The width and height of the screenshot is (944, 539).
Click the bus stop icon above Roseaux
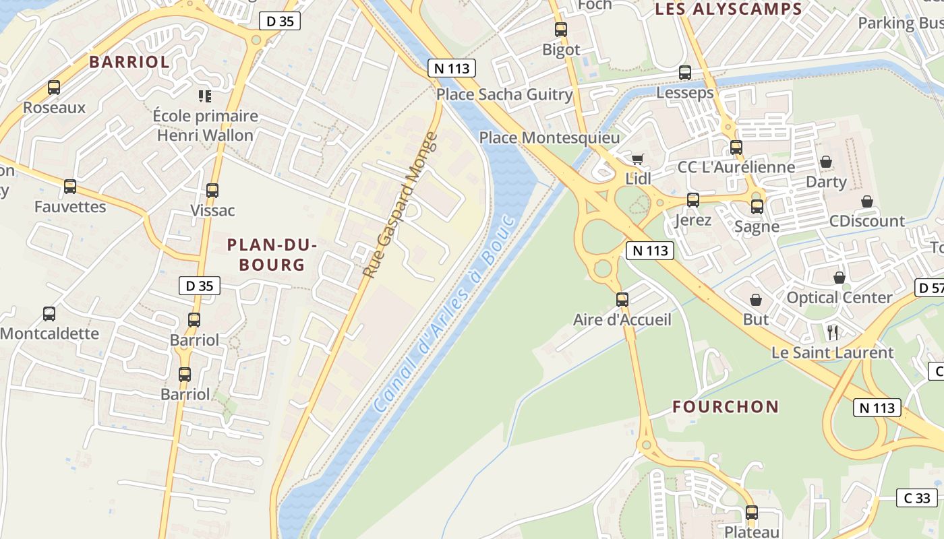tap(54, 88)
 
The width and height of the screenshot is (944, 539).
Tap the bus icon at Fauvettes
tap(70, 187)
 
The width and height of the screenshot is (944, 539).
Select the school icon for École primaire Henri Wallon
tap(205, 96)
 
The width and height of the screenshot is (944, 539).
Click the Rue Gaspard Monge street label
tap(401, 205)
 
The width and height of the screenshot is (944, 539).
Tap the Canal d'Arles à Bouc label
tap(444, 315)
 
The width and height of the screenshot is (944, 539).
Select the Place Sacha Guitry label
tap(504, 94)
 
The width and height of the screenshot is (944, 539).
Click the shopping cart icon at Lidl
tap(637, 159)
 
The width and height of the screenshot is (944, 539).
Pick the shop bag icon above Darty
tap(826, 162)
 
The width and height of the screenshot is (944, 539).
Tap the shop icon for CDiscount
tap(867, 201)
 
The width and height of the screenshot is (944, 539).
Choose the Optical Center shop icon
tap(839, 278)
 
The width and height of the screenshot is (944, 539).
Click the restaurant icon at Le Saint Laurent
tap(833, 332)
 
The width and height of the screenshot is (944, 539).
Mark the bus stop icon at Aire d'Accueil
tap(622, 299)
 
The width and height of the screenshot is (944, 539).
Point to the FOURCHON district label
tap(726, 407)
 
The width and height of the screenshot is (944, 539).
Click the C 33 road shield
tap(917, 499)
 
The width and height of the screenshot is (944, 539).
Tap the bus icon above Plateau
tap(752, 513)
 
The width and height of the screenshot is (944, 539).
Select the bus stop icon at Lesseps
tap(685, 73)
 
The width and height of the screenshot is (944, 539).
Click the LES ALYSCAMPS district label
tap(728, 9)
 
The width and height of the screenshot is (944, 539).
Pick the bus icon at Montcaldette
tap(49, 313)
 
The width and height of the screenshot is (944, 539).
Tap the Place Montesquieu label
tap(549, 138)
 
